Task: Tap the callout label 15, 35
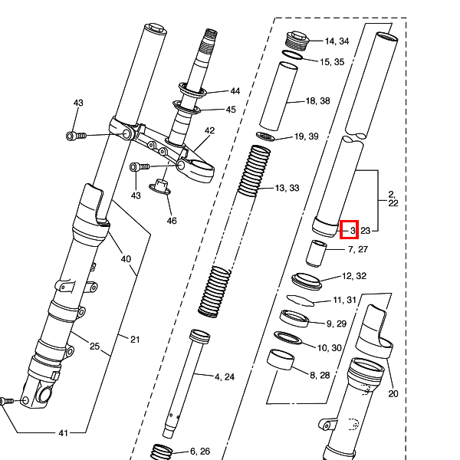[x=333, y=61]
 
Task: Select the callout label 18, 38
[x=317, y=101]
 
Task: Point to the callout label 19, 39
[x=310, y=136]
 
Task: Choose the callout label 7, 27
[x=357, y=249]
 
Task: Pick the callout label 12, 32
[x=354, y=276]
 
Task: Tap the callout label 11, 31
[x=345, y=300]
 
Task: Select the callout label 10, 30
[x=331, y=348]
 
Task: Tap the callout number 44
[x=235, y=91]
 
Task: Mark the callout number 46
[x=172, y=221]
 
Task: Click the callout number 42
[x=210, y=131]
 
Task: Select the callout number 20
[x=393, y=394]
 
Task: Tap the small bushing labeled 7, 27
[x=317, y=251]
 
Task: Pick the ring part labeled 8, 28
[x=282, y=359]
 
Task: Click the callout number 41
[x=63, y=433]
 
